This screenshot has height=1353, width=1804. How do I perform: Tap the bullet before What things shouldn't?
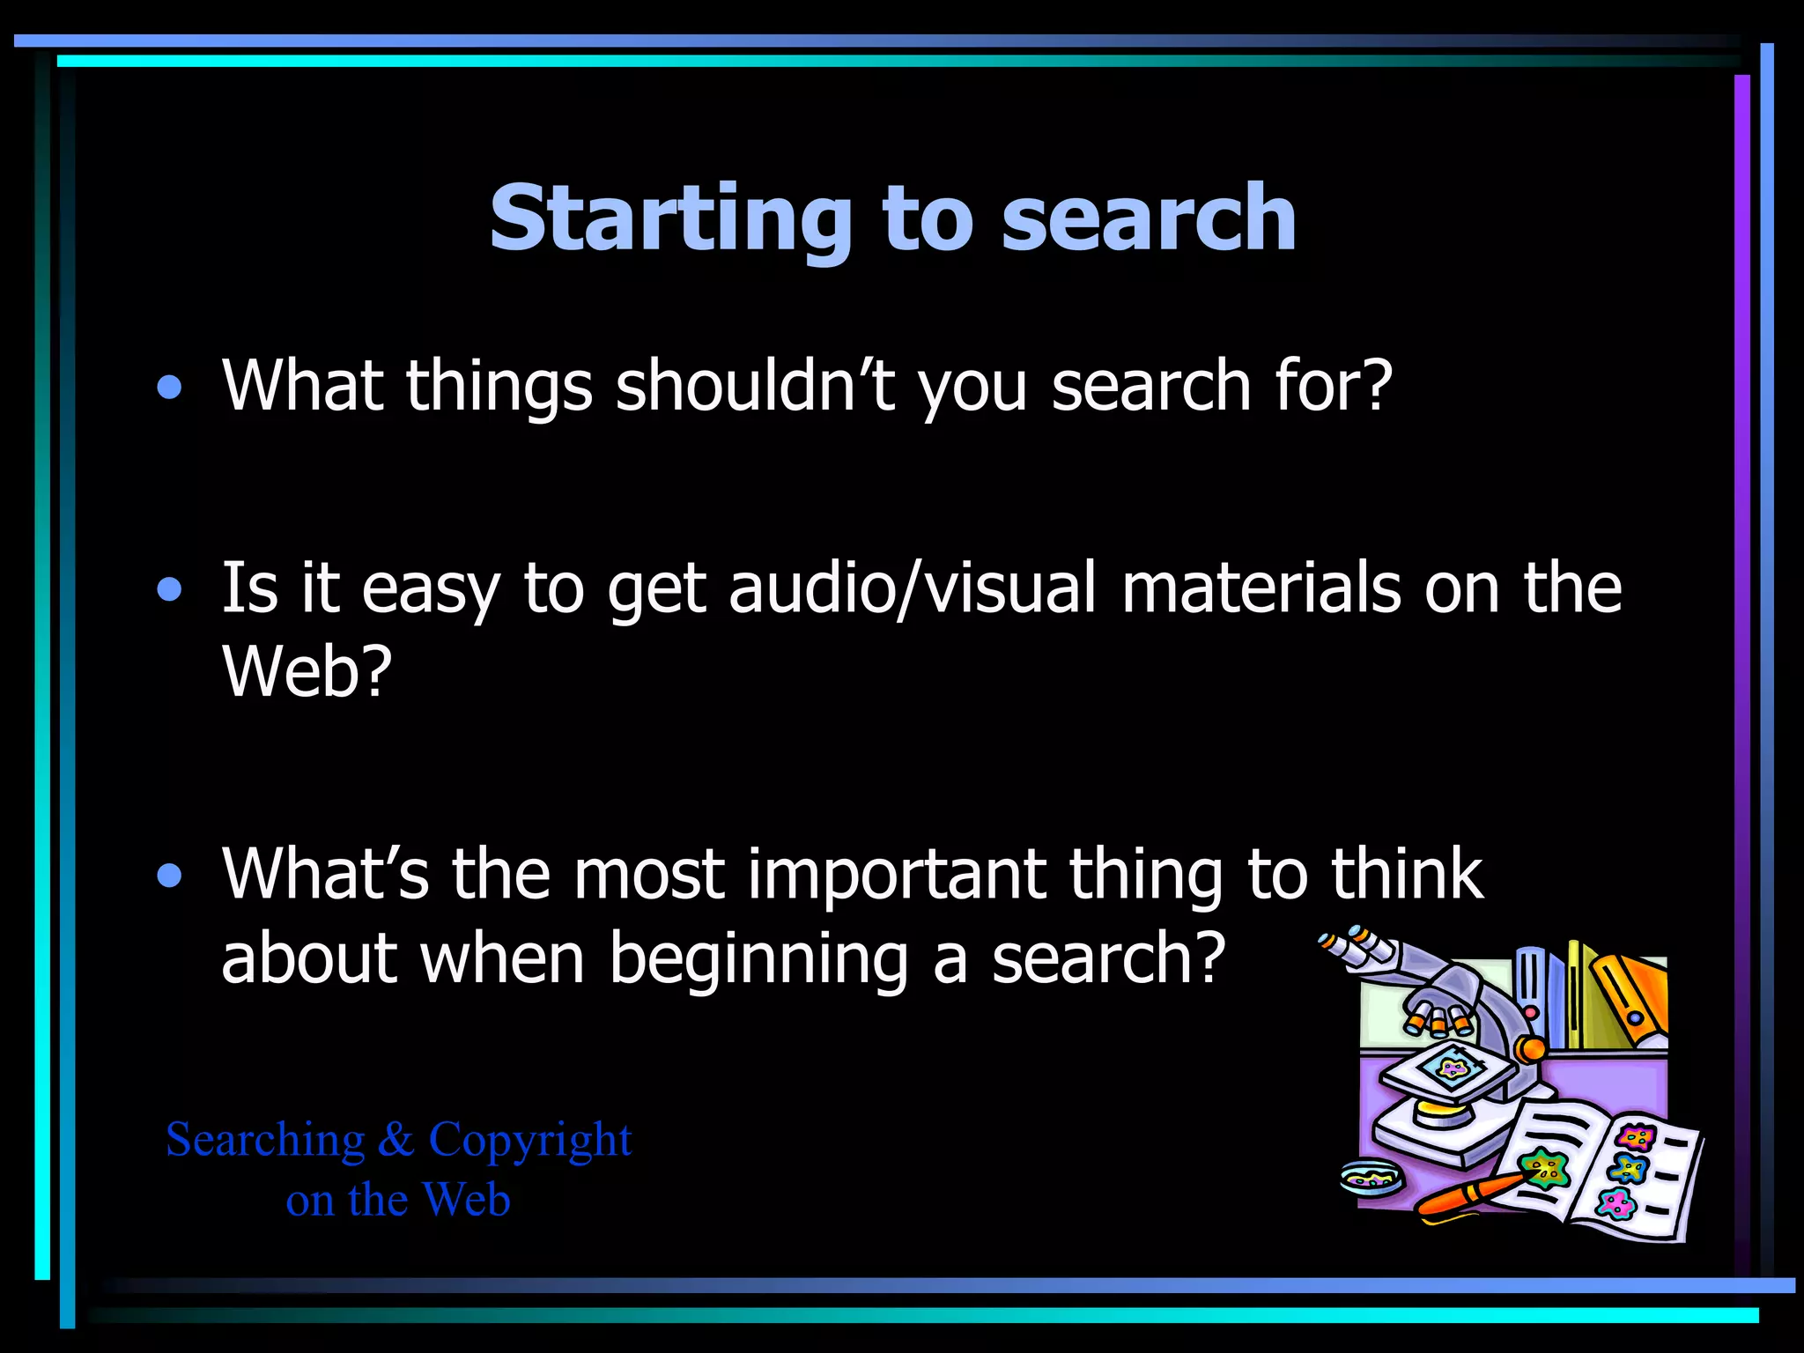tap(169, 388)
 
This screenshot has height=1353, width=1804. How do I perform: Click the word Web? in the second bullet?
tap(307, 671)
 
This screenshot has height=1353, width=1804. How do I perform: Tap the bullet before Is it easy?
tap(169, 589)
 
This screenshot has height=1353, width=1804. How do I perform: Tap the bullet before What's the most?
tap(169, 876)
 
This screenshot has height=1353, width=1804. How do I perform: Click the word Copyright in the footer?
tap(529, 1141)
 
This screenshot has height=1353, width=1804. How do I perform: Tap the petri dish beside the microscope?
tap(1372, 1178)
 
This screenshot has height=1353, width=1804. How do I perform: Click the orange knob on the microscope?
tap(1532, 1048)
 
